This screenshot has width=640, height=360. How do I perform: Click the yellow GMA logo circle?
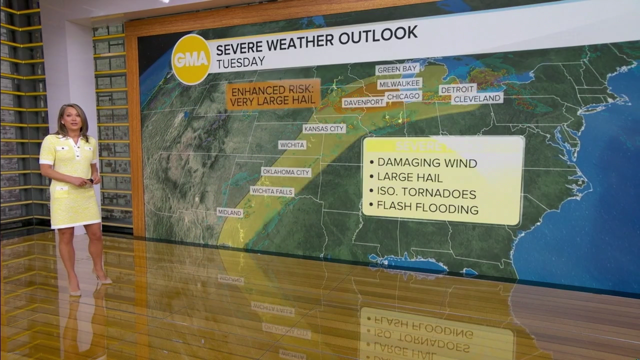(x=191, y=59)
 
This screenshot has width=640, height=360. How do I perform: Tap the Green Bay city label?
(x=397, y=69)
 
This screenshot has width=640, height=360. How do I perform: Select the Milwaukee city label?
(x=399, y=83)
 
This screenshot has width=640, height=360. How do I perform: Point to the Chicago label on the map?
(x=403, y=96)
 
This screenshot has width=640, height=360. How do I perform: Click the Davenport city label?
(x=364, y=102)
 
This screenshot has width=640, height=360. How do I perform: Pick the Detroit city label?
(x=457, y=89)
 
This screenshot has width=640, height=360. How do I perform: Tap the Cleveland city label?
(x=477, y=98)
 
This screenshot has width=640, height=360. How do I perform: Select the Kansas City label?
(x=324, y=128)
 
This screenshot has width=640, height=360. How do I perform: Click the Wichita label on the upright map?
(x=292, y=145)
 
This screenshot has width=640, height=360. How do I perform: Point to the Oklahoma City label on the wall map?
(x=286, y=172)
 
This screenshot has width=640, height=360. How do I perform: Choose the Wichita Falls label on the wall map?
(x=272, y=191)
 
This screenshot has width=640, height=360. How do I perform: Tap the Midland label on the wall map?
(x=230, y=212)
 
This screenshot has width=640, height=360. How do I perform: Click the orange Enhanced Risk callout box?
(x=273, y=94)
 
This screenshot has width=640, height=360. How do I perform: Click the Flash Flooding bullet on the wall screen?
(x=427, y=207)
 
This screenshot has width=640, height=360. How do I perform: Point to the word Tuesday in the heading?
(x=240, y=62)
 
